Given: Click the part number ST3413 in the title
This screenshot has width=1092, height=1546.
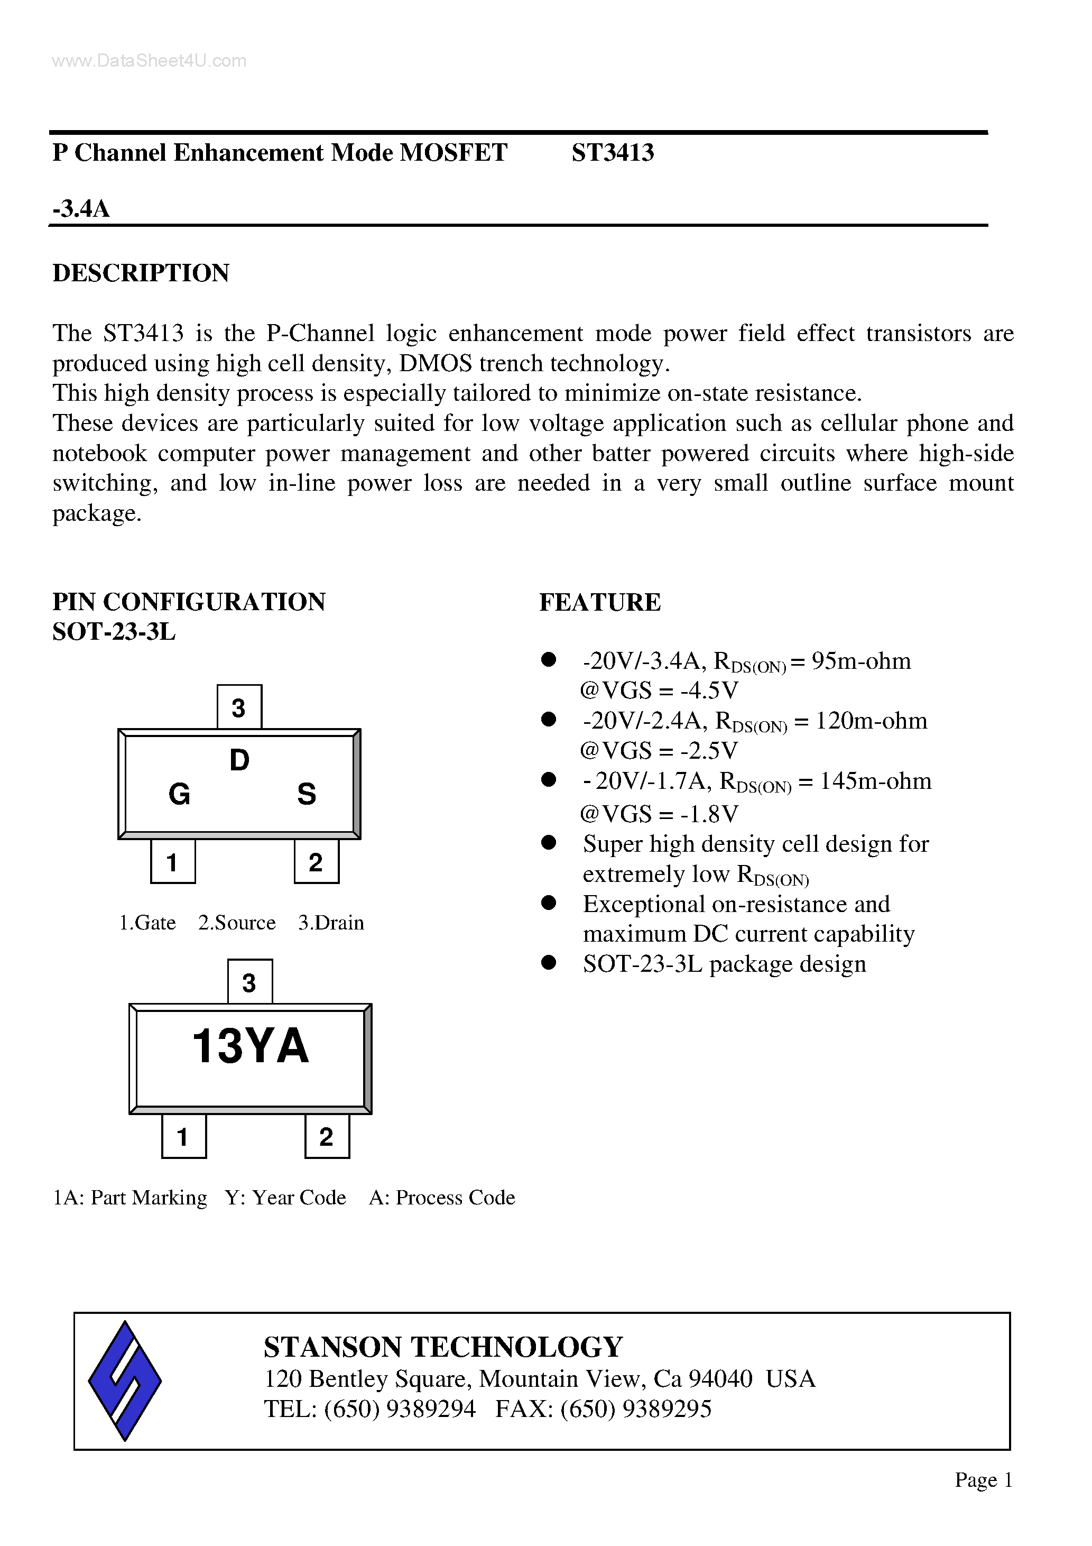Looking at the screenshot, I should pos(613,153).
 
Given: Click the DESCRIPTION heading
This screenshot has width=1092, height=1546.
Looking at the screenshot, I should pos(141,273).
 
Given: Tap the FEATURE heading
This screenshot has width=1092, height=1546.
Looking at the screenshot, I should pos(600,602).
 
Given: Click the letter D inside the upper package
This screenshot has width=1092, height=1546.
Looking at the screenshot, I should pos(239,761).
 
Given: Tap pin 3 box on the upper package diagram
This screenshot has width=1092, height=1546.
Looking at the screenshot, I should pos(239,707).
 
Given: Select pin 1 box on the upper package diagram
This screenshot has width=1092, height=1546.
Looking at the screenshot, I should pos(172,862).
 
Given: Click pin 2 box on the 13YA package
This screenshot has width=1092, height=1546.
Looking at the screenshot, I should pos(327,1137).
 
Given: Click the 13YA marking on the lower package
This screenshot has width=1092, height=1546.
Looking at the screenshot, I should pos(251,1046).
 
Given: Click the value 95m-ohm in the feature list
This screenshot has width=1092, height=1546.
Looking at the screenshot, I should pos(861,661).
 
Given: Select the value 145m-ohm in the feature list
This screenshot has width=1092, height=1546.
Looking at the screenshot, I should pos(876,781).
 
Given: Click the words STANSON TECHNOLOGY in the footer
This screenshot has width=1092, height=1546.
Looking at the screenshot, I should pos(443,1347).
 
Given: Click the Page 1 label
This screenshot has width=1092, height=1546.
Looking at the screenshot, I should pos(984,1479).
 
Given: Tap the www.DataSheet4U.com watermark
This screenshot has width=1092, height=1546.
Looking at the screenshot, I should pos(150,61).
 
